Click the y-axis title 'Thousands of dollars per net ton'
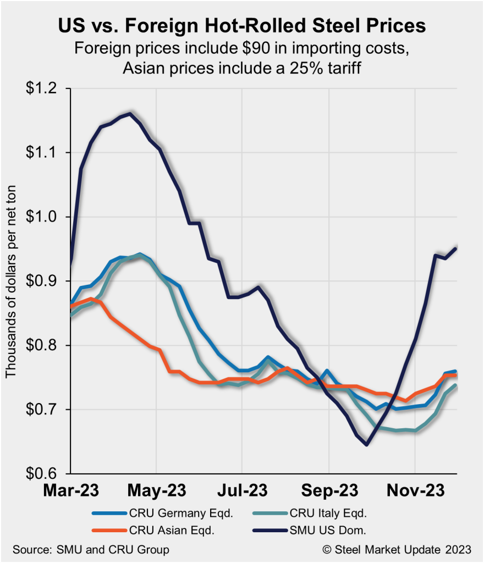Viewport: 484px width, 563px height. [12, 280]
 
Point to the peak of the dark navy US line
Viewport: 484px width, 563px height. [130, 114]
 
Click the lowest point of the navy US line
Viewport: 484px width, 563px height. [367, 445]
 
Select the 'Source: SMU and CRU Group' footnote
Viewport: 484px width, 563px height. [91, 549]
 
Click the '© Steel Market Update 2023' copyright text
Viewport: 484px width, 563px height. [397, 549]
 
